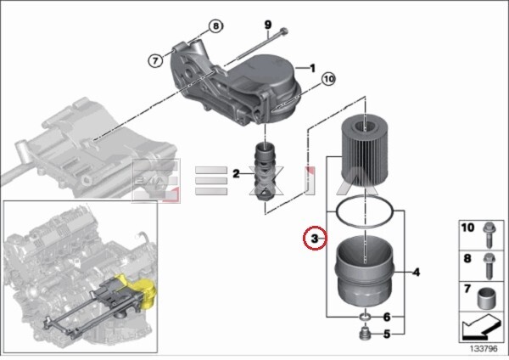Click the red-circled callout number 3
coord(314,239)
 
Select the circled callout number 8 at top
coord(215,26)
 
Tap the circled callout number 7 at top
coord(155,60)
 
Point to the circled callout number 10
coord(328,79)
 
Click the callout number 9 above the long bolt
coord(268,25)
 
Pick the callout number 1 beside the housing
coord(312,68)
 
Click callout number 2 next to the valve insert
coord(236,174)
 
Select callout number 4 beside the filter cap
coord(416,272)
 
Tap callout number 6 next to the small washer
coord(386,317)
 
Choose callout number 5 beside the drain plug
coord(386,334)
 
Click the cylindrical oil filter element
coord(365,152)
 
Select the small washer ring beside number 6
coord(365,317)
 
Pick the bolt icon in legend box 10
coord(489,234)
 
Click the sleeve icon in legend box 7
coord(487,298)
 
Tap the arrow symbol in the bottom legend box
coord(481,327)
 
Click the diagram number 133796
coord(484,349)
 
